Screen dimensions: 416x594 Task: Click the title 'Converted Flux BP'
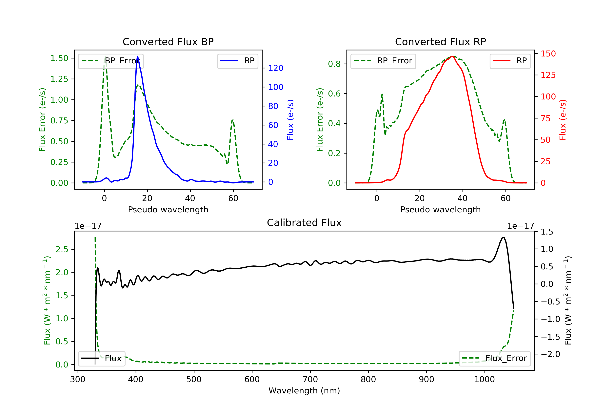pos(168,42)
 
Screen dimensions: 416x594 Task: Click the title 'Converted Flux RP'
pos(440,42)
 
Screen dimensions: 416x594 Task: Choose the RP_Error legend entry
pos(383,61)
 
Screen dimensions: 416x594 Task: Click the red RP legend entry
pos(510,61)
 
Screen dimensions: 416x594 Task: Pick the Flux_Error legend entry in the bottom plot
pos(494,358)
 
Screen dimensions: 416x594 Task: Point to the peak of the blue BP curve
pos(137,56)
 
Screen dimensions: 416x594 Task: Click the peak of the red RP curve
pos(452,56)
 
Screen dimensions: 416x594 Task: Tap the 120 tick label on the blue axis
pos(276,68)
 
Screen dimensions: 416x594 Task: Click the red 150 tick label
pos(548,54)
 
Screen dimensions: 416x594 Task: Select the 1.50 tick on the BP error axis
pos(59,58)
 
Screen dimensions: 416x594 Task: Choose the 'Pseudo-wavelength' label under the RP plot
pos(440,209)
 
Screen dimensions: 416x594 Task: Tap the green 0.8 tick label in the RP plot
pos(334,64)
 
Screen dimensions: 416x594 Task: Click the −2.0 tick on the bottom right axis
pos(550,354)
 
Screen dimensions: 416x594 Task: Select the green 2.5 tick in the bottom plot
pos(62,249)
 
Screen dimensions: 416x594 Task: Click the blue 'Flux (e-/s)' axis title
pos(290,120)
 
